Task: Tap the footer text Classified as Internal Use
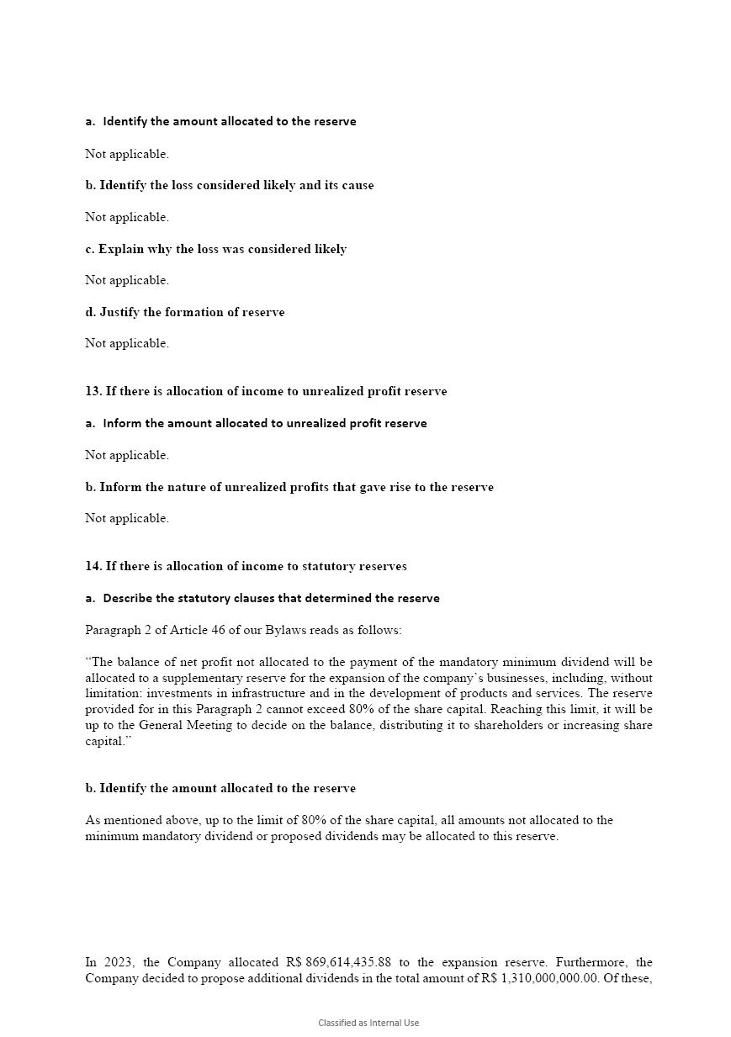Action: (368, 1023)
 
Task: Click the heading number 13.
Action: (93, 391)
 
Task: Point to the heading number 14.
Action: (93, 566)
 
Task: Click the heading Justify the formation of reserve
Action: (192, 312)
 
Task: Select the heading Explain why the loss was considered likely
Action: (222, 249)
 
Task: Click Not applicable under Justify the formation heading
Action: (127, 343)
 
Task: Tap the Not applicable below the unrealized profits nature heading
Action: (127, 518)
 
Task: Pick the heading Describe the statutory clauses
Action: (271, 598)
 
